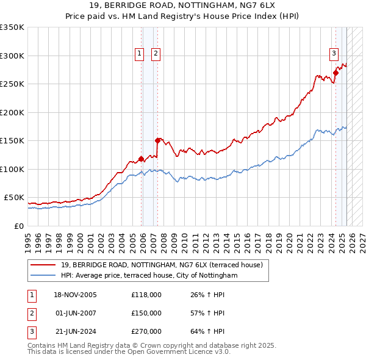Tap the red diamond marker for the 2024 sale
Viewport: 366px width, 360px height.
click(x=335, y=73)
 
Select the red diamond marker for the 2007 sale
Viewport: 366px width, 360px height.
click(x=157, y=140)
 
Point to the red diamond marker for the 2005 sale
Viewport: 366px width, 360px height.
click(x=142, y=159)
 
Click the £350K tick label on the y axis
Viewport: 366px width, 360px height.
click(x=12, y=27)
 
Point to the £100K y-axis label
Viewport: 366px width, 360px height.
click(x=12, y=169)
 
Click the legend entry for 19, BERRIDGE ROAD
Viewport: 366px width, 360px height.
click(x=162, y=265)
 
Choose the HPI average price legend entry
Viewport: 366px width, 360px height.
click(x=149, y=276)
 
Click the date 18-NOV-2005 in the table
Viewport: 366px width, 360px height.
click(x=76, y=295)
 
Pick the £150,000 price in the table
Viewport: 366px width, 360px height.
click(x=146, y=313)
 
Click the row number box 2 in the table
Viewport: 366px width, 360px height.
click(x=30, y=313)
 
